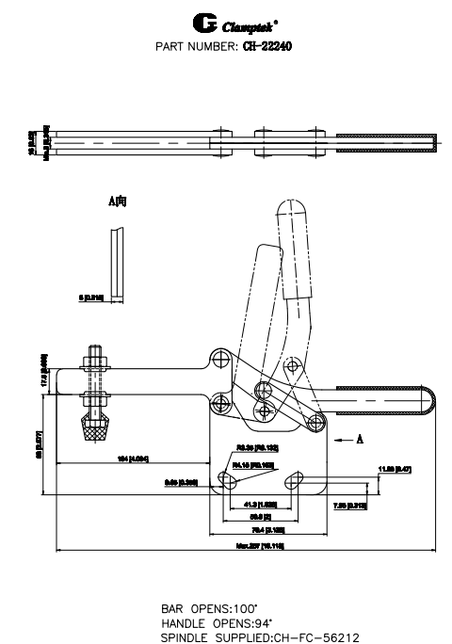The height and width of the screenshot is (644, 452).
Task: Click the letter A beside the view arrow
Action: tap(362, 438)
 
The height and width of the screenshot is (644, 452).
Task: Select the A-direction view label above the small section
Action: tap(118, 202)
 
